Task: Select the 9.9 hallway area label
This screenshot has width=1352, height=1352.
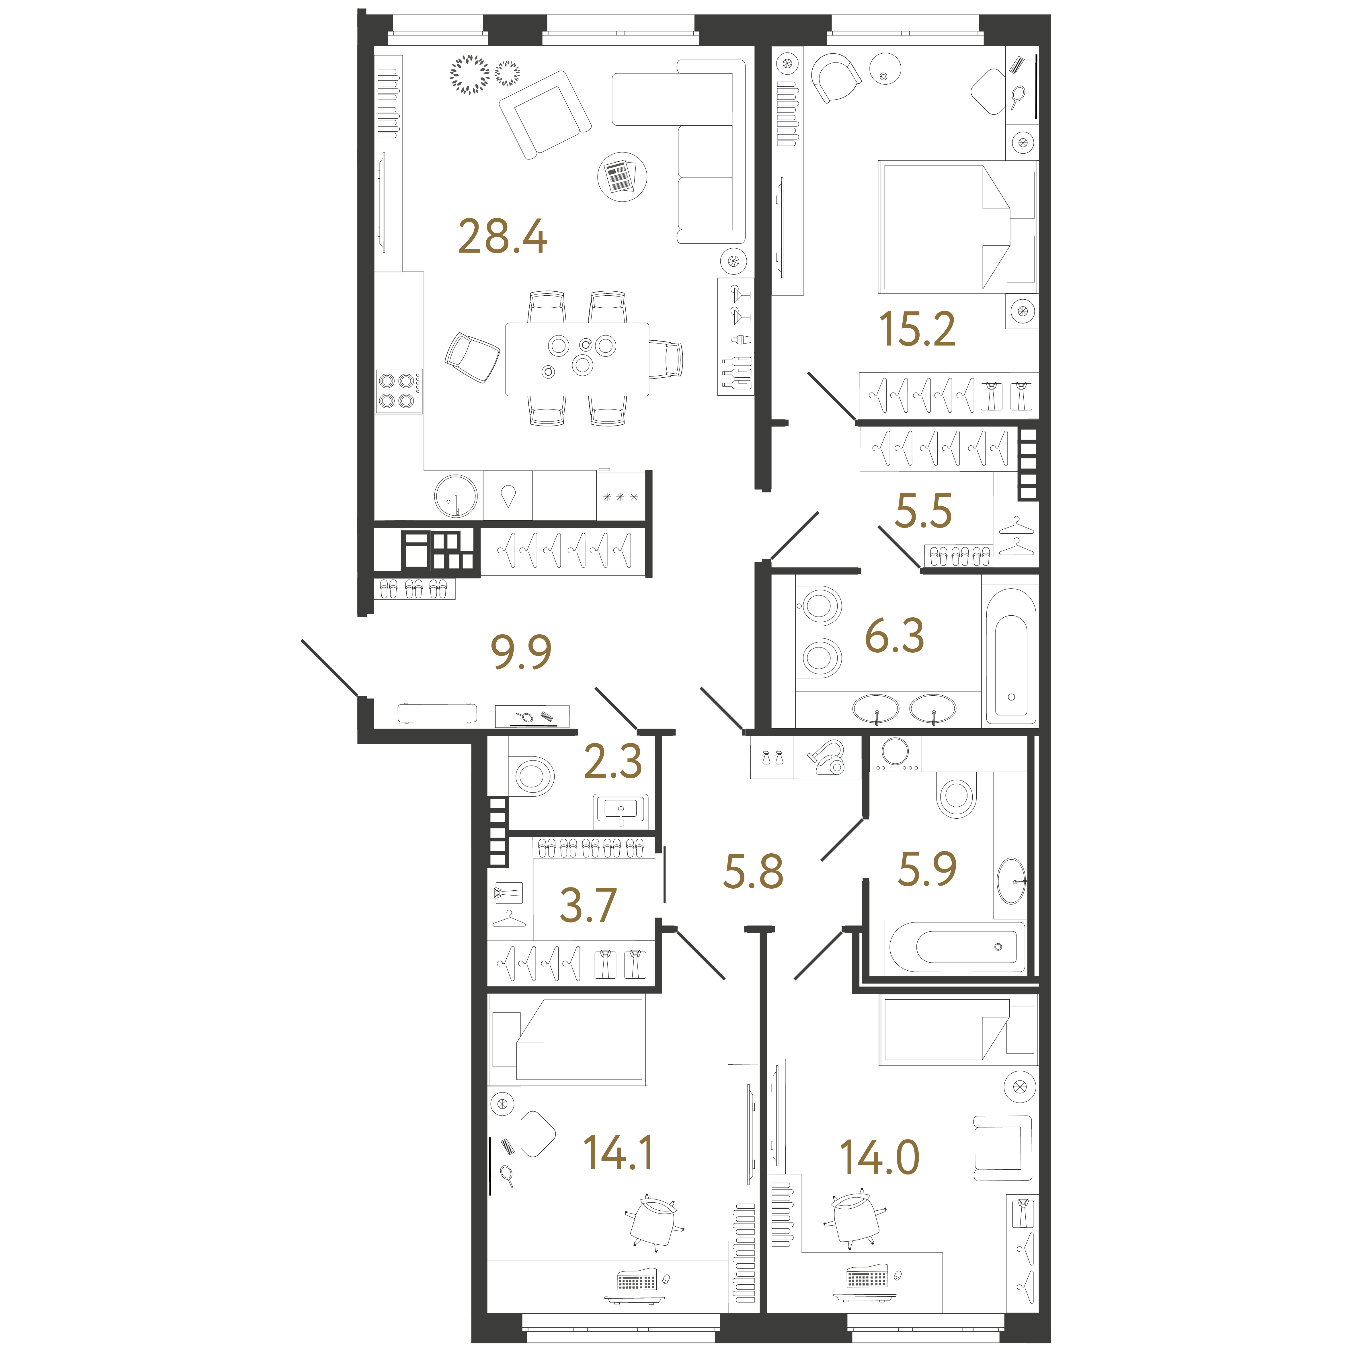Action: click(x=521, y=652)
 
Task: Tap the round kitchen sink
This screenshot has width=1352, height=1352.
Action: click(x=456, y=496)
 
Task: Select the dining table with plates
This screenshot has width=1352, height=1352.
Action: click(x=577, y=359)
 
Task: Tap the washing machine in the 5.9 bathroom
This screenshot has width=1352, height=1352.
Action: click(x=896, y=753)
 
